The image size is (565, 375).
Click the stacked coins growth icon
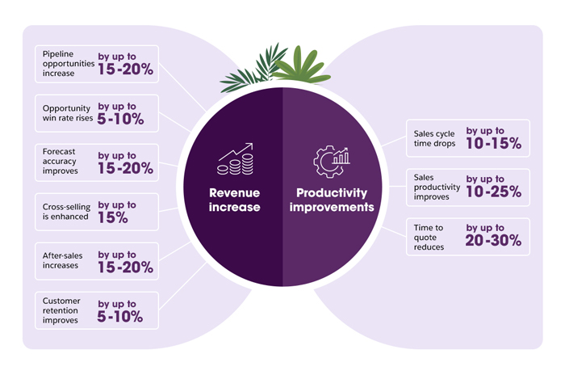click(x=235, y=158)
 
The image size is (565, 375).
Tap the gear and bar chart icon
click(x=331, y=160)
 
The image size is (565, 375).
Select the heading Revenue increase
click(x=235, y=200)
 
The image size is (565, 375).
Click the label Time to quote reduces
click(x=430, y=236)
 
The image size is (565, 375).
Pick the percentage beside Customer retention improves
click(x=121, y=317)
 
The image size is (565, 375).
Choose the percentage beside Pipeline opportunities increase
click(x=126, y=70)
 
